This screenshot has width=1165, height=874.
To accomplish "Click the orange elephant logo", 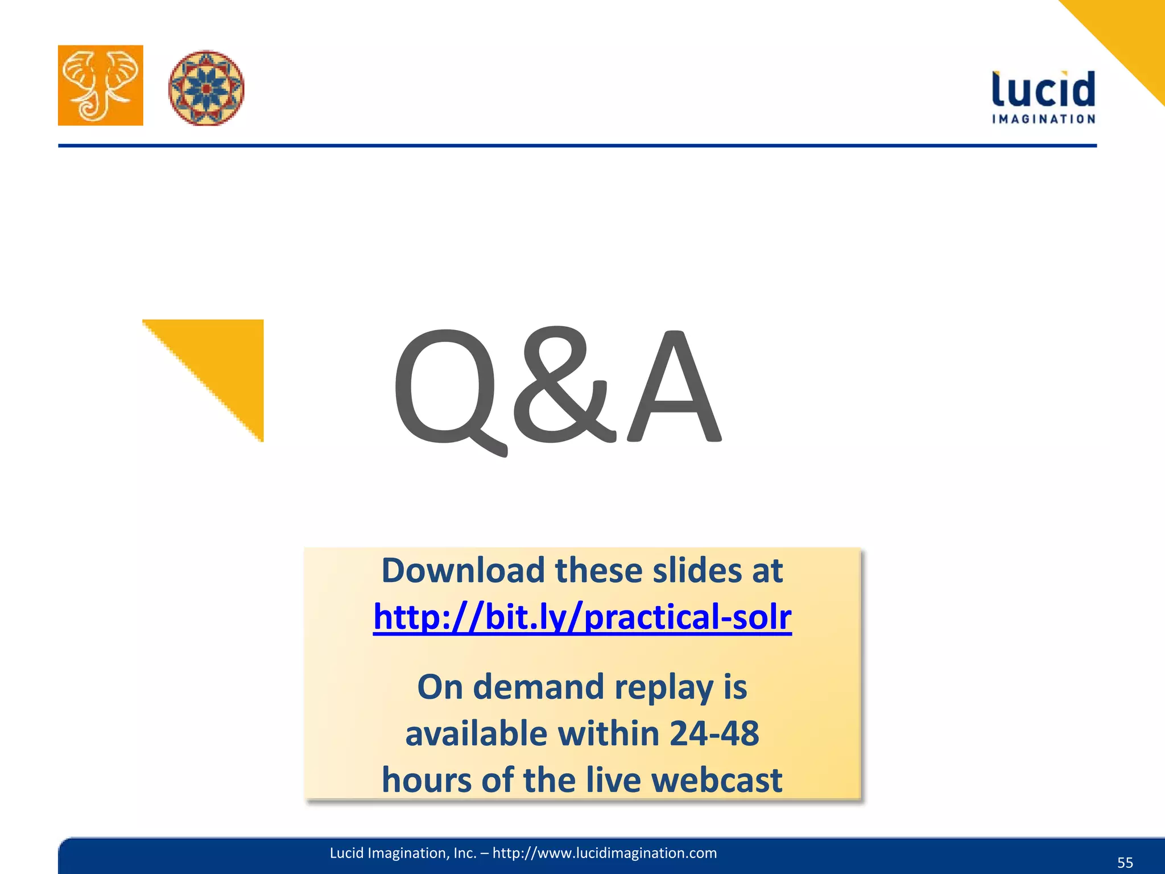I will click(x=100, y=85).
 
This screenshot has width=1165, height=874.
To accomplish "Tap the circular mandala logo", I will click(x=206, y=88).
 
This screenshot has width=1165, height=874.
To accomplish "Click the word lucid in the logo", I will click(x=1043, y=89).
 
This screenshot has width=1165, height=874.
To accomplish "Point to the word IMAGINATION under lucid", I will click(x=1043, y=119).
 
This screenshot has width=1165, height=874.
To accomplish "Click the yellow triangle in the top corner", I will click(x=1126, y=34).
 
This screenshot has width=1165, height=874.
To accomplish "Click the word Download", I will click(x=463, y=570).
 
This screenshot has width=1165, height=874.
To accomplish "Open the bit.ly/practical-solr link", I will click(x=582, y=617).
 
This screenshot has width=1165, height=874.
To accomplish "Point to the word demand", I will click(x=538, y=687).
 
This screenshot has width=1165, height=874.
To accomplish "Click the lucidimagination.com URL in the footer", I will click(x=604, y=853).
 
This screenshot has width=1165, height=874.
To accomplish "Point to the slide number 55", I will click(x=1125, y=863).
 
